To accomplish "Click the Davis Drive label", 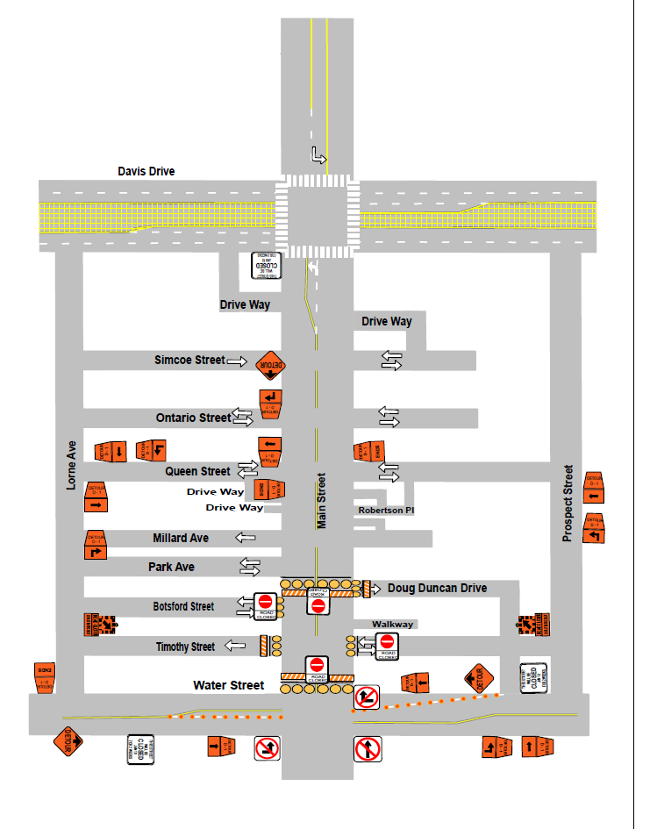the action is (x=146, y=171).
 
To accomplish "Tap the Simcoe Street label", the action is (x=189, y=361).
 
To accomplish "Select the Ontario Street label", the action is (x=192, y=418).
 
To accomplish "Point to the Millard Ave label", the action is (x=181, y=538).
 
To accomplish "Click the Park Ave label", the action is (x=171, y=568).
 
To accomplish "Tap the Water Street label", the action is (x=228, y=685).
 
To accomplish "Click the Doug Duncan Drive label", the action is (x=437, y=588).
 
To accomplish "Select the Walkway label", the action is (x=392, y=625).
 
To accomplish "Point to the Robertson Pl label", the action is (x=385, y=510).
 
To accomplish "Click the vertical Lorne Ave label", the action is (x=72, y=465).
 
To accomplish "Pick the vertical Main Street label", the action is (x=321, y=501).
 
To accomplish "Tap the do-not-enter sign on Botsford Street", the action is (x=265, y=602).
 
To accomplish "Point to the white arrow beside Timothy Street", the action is (x=235, y=647).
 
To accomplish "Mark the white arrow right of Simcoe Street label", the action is (x=237, y=361).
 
